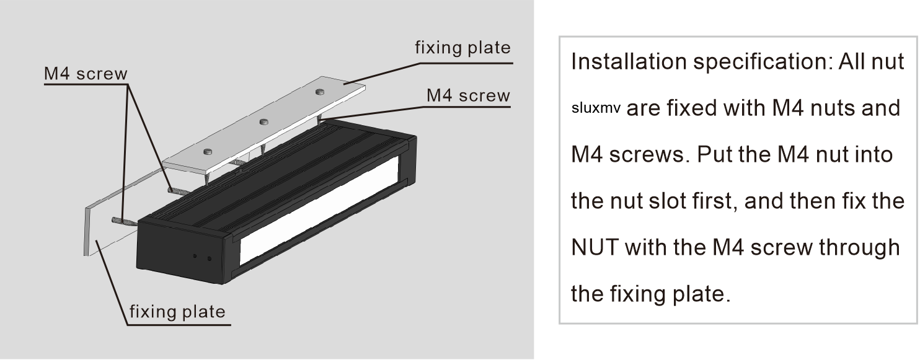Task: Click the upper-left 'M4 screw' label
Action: click(86, 74)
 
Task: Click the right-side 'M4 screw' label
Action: click(468, 95)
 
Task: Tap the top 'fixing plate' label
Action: click(463, 48)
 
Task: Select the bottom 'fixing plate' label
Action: click(177, 312)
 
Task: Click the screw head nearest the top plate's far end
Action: click(320, 92)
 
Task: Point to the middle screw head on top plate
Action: click(263, 121)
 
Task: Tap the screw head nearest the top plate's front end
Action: click(208, 151)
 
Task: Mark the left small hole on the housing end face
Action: click(195, 256)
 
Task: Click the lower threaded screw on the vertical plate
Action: click(124, 222)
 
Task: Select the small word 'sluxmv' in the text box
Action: click(596, 108)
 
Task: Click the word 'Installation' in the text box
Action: click(629, 62)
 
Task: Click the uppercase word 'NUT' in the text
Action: click(595, 247)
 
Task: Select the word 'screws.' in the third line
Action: click(649, 156)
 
